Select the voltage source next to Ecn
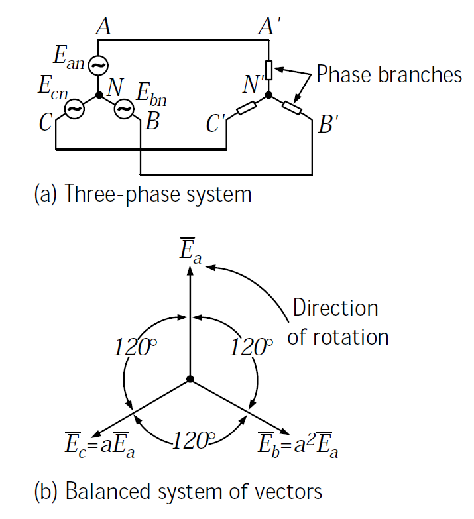74,109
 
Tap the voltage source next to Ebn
124,109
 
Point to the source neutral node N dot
99,95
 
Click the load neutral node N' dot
269,95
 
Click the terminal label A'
270,27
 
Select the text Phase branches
389,74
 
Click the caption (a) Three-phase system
143,194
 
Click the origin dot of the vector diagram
190,379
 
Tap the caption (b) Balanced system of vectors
178,492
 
